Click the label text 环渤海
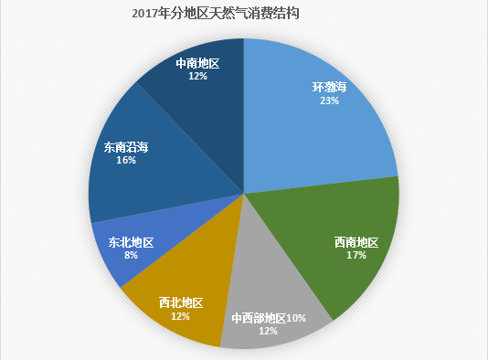tap(330, 88)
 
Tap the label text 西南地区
tap(355, 242)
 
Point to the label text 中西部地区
tap(259, 318)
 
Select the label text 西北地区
tap(180, 302)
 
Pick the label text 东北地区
tap(131, 243)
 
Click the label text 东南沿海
tap(126, 146)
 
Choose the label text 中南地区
tap(197, 64)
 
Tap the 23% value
tap(330, 101)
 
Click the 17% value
tap(355, 256)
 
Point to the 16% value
tap(126, 160)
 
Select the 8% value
tap(131, 257)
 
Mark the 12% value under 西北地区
tap(180, 316)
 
